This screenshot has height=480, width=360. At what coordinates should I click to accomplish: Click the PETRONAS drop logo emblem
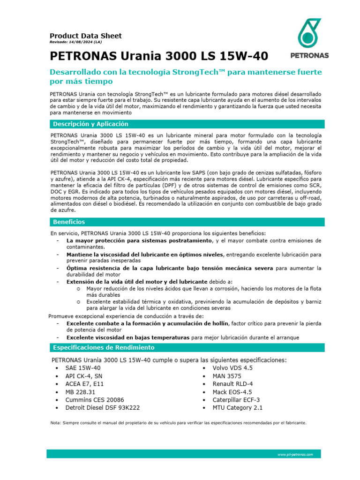click(x=309, y=33)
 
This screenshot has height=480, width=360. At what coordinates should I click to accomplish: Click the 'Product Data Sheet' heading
click(x=86, y=36)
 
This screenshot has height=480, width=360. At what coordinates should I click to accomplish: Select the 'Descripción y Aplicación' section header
click(x=91, y=124)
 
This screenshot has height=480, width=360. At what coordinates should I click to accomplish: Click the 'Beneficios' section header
click(x=69, y=222)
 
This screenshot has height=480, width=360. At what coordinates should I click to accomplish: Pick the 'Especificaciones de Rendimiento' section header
click(x=104, y=347)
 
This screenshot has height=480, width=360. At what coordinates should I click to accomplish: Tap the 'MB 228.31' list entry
click(x=81, y=392)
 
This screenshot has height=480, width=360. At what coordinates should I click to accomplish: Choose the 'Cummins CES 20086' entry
click(x=95, y=400)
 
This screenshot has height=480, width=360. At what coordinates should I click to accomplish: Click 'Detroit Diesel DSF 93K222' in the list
click(x=103, y=408)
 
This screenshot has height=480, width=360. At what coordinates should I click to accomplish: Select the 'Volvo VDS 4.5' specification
click(x=232, y=368)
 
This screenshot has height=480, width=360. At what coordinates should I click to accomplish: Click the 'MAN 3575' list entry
click(x=227, y=376)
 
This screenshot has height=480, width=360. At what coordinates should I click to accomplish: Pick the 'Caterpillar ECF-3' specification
click(x=236, y=400)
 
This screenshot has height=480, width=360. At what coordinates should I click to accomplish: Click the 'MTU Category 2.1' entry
click(x=238, y=408)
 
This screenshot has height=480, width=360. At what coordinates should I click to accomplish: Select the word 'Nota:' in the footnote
click(x=56, y=422)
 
